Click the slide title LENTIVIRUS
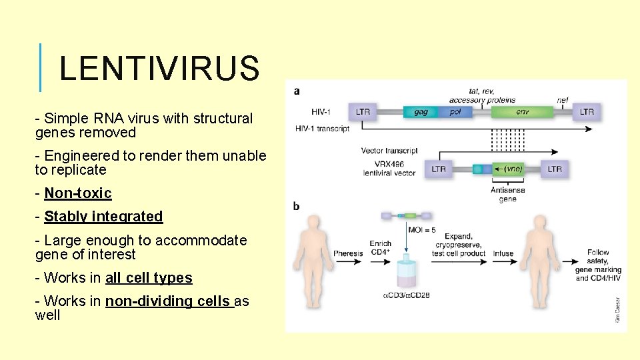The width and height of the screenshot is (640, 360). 159,68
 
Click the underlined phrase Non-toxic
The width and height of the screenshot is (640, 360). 78,193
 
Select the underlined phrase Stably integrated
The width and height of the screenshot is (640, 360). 103,217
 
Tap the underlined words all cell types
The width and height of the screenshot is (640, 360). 149,278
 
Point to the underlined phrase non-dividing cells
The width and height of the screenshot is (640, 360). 167,301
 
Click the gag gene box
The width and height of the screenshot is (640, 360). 421,112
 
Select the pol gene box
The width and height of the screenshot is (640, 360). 455,112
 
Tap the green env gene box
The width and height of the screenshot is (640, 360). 522,112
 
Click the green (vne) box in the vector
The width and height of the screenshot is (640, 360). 512,169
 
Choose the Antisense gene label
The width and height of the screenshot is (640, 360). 507,194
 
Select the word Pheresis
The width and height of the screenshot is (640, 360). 349,253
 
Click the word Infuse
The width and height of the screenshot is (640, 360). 503,253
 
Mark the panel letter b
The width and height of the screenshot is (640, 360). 296,207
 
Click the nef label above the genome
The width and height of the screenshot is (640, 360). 563,100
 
